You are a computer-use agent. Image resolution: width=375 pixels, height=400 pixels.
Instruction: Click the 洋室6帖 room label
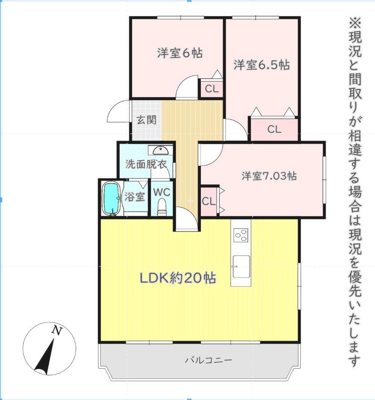(179, 53)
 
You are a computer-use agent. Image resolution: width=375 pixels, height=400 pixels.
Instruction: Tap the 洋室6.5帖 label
(261, 65)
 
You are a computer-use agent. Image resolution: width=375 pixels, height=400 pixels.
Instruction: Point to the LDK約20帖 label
(178, 278)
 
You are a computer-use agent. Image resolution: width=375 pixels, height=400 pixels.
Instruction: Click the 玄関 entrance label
(146, 120)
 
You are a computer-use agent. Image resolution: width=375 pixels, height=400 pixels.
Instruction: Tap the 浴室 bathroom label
(135, 197)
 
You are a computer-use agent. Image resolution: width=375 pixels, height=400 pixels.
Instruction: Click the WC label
(162, 192)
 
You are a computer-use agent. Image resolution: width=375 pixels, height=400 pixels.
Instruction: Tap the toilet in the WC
(162, 207)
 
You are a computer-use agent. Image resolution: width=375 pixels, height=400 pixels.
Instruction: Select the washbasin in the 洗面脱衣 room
(160, 150)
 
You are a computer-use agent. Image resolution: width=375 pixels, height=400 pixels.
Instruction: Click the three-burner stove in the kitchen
(241, 235)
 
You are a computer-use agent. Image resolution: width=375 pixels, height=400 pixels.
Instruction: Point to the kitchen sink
(240, 265)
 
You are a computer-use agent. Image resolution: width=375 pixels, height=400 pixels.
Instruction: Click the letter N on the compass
(57, 330)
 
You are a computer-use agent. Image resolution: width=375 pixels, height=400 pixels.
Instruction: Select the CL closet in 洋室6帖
(212, 89)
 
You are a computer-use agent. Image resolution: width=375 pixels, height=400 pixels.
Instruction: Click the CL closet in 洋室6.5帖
(274, 130)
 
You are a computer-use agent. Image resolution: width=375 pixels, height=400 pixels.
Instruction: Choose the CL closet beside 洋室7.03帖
(209, 201)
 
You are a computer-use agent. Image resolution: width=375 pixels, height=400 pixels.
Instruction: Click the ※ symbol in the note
(355, 22)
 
